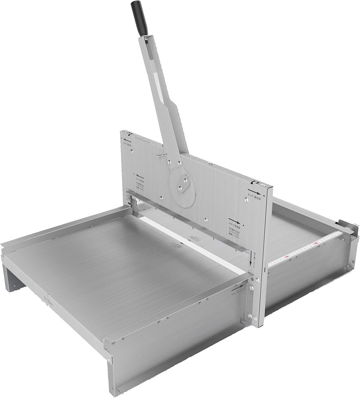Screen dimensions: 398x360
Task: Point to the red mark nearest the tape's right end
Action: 316,242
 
